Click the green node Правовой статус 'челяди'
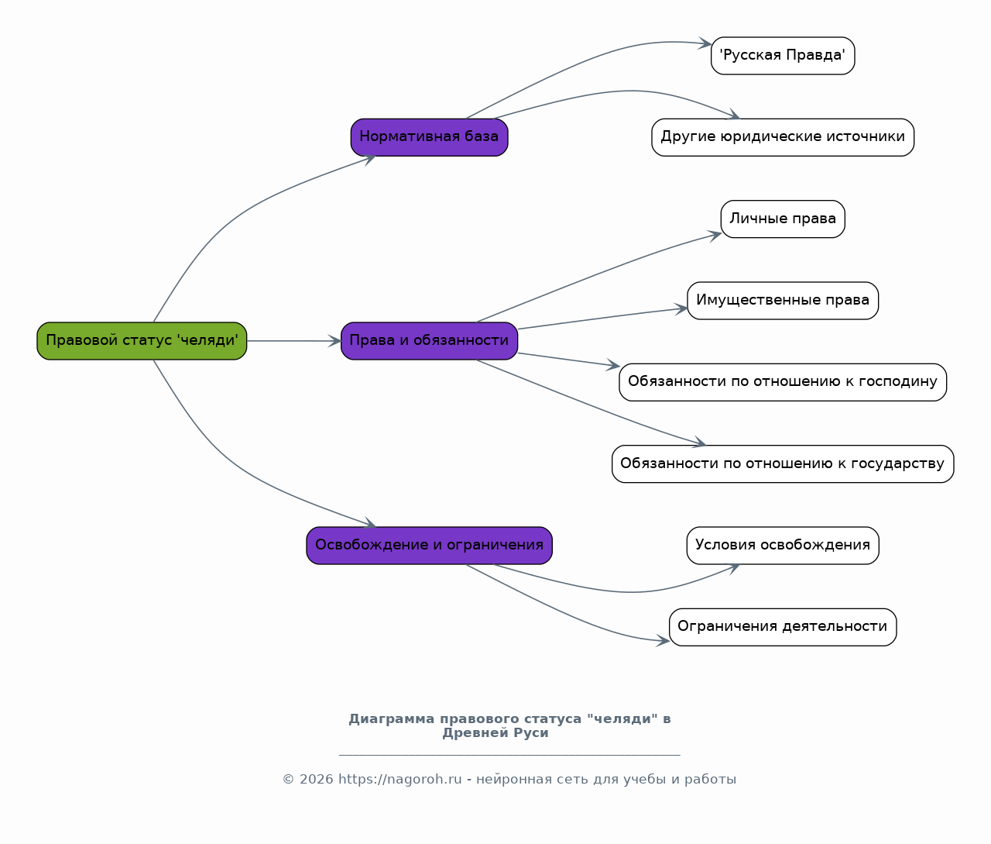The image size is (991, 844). pos(142,341)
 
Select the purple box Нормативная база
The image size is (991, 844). pos(429,137)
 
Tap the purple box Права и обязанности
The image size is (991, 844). pos(429,341)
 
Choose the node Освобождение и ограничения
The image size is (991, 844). pos(429,546)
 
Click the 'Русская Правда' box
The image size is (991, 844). pos(783,56)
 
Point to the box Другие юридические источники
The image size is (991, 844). pos(783,137)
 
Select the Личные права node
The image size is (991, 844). pos(783,219)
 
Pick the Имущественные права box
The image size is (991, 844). pos(783,301)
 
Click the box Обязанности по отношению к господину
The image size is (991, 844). pos(783,382)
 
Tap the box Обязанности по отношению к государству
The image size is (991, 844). pos(783,464)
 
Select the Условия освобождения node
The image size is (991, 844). pos(783,546)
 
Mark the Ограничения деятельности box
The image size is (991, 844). pos(783,627)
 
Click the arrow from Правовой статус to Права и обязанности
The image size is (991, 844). pos(294,341)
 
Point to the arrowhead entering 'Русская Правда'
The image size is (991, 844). pos(705,43)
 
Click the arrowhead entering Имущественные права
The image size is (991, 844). pos(681,309)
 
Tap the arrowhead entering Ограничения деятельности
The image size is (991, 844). pos(663,641)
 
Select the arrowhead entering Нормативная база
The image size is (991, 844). pos(369,160)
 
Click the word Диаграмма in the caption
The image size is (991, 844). pos(391,718)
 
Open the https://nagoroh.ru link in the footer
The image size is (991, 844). pos(399,779)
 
